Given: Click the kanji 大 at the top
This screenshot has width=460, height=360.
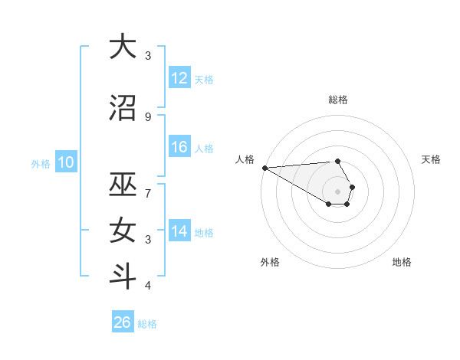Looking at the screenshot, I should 123,47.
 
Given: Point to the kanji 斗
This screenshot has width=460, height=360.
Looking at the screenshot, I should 123,277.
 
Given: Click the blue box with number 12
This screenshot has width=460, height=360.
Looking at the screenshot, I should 179,78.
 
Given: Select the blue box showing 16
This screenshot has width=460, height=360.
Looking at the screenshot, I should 179,147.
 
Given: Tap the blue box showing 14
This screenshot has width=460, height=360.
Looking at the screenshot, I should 179,231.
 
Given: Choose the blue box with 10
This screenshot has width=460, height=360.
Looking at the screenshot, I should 65,162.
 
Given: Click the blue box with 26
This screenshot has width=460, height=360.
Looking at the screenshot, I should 123,322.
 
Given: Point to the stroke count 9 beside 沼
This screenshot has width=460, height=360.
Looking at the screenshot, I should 148,116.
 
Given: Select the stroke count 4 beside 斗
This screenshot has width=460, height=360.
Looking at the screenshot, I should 148,286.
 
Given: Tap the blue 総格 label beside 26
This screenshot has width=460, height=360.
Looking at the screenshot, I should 147,324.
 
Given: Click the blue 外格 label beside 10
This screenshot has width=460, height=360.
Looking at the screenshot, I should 41,163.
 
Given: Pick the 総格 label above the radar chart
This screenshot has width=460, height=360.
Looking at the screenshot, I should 337,100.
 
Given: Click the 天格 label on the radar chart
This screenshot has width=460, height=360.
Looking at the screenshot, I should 431,159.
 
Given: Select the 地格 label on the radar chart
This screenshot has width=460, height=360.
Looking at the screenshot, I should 402,262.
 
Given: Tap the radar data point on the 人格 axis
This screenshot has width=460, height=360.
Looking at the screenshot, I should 264,168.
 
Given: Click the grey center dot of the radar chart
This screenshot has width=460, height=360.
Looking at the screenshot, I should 337,191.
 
